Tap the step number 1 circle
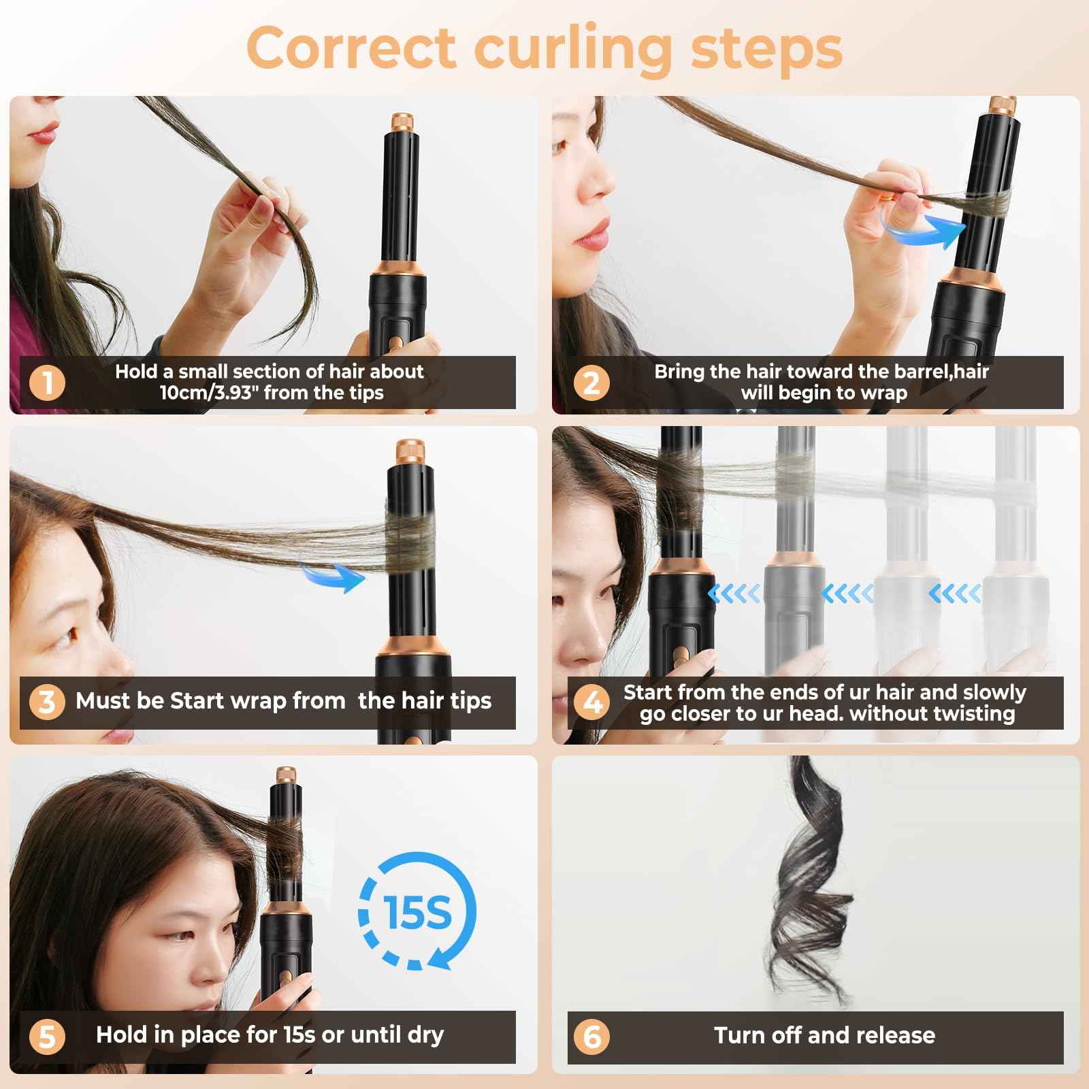(47, 382)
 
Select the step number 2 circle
(591, 382)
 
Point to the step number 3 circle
(47, 701)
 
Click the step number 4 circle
(591, 701)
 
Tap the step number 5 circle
(47, 1036)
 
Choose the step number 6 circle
(591, 1036)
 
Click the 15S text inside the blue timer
(417, 913)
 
